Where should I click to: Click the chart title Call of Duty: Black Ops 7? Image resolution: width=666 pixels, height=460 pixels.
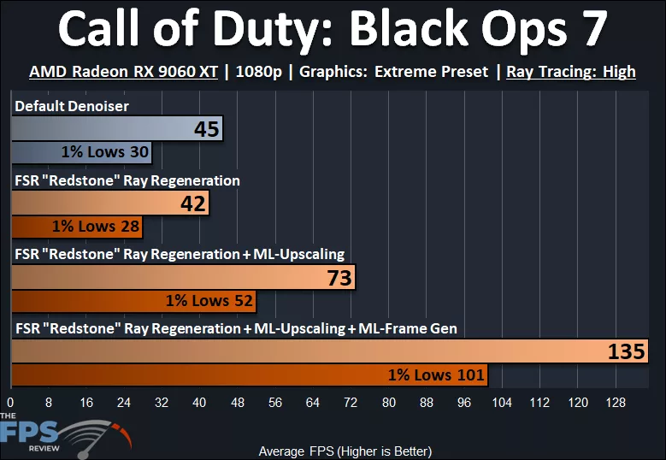click(x=333, y=31)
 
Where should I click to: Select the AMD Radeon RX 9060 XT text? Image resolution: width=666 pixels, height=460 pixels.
click(x=123, y=72)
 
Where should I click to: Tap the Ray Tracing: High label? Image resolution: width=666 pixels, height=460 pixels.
click(x=570, y=72)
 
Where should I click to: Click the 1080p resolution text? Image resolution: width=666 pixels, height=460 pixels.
click(x=255, y=72)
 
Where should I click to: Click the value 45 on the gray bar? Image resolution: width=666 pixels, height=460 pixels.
click(x=207, y=130)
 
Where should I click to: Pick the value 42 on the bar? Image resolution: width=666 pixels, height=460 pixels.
click(x=192, y=203)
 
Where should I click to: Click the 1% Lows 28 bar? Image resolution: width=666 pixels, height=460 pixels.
click(x=77, y=227)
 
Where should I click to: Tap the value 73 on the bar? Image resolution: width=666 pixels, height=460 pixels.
click(x=339, y=278)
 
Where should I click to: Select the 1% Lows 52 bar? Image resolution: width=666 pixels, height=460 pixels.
click(x=133, y=301)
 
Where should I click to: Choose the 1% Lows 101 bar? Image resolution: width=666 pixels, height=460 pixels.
click(x=248, y=374)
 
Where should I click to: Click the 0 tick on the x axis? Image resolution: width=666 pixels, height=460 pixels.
click(x=11, y=402)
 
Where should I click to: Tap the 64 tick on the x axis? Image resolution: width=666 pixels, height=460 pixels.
click(x=313, y=402)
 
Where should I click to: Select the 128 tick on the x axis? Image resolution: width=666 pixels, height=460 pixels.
click(x=615, y=402)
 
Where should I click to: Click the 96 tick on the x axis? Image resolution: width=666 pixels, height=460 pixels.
click(x=464, y=402)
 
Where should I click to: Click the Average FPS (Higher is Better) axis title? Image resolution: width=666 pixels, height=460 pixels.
click(x=345, y=451)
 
